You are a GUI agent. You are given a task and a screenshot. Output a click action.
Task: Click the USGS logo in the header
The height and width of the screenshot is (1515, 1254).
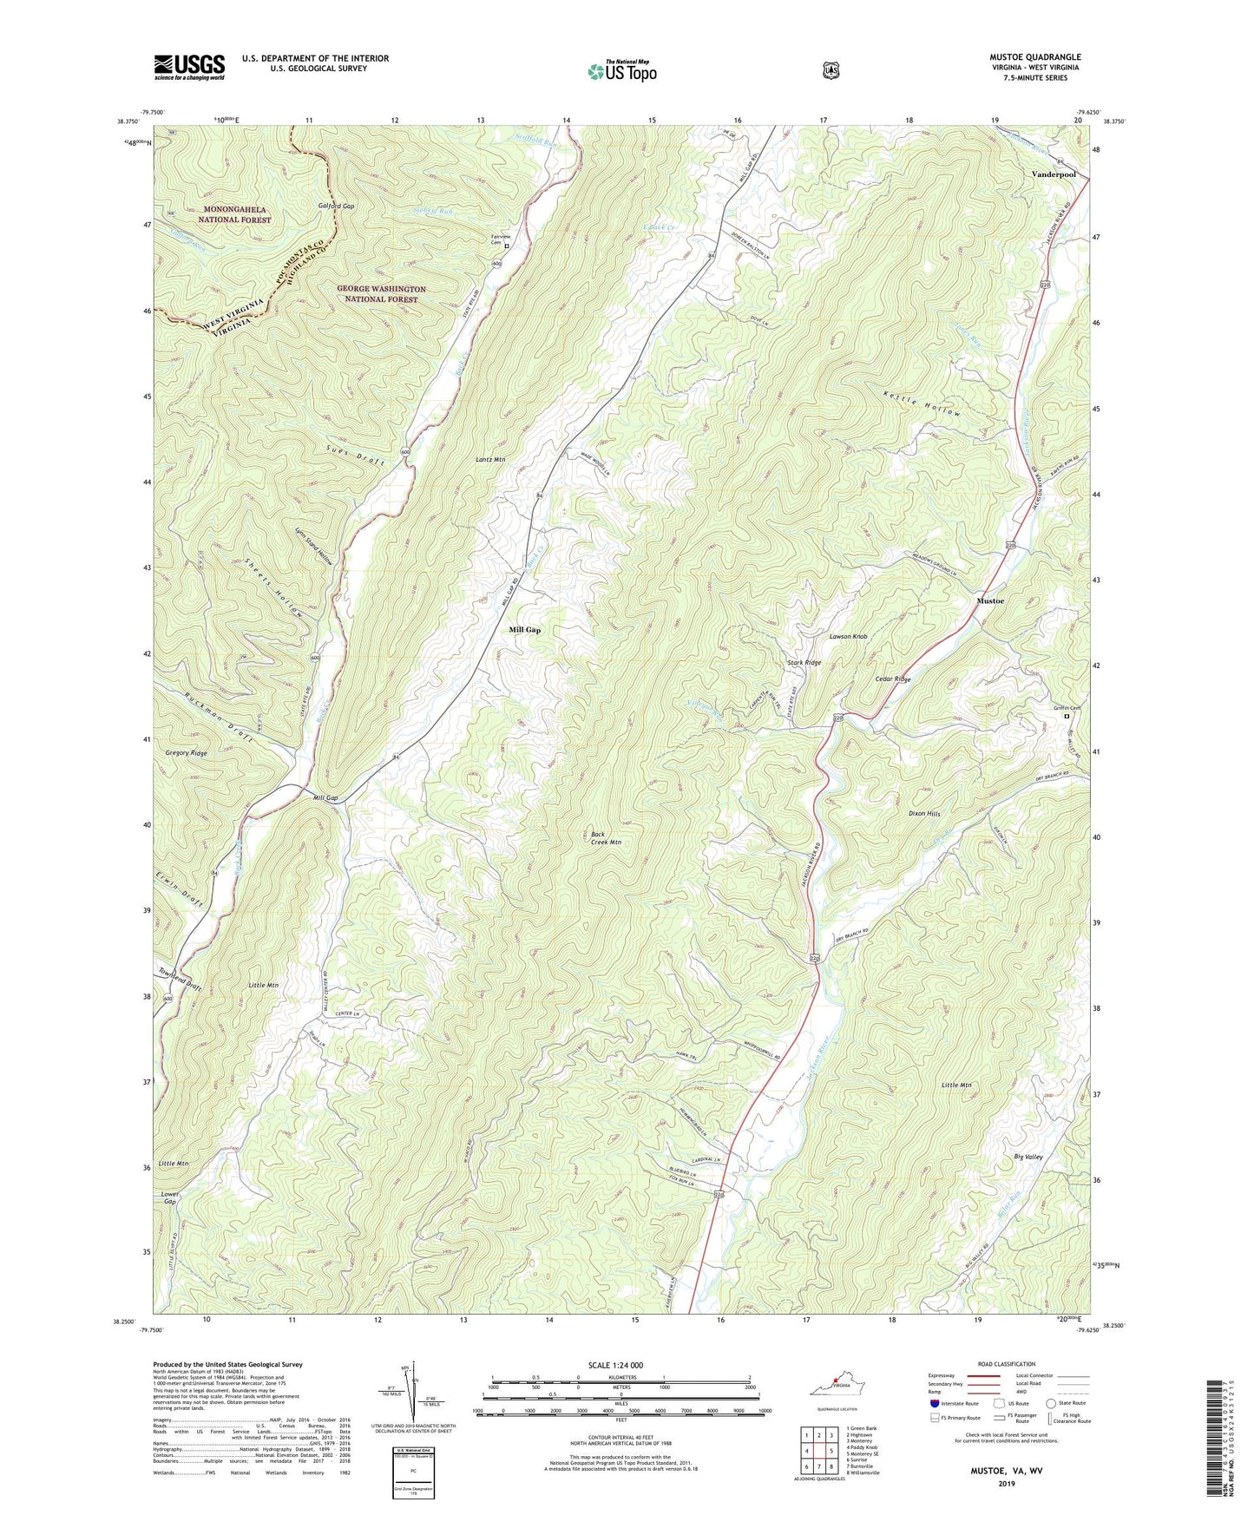(189, 67)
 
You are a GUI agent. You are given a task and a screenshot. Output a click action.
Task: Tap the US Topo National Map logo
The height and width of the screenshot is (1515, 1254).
(621, 70)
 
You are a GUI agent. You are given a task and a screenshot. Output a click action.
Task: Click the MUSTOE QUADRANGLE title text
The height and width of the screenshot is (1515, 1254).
(1035, 57)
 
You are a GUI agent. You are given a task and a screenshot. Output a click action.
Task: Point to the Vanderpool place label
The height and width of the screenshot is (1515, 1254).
(1054, 174)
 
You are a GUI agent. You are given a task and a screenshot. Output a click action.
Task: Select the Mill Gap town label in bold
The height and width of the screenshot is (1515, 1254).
(525, 630)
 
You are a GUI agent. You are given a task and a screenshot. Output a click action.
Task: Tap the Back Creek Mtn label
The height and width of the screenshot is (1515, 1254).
(606, 838)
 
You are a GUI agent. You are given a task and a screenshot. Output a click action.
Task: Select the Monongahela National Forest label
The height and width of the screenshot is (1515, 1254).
(226, 214)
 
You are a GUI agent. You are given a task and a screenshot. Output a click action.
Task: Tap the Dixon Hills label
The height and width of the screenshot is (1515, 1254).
(924, 814)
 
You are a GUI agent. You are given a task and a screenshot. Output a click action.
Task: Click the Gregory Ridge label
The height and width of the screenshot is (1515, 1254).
(187, 754)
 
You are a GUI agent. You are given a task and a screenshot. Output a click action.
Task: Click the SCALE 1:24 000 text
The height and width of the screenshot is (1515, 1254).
(615, 1365)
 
